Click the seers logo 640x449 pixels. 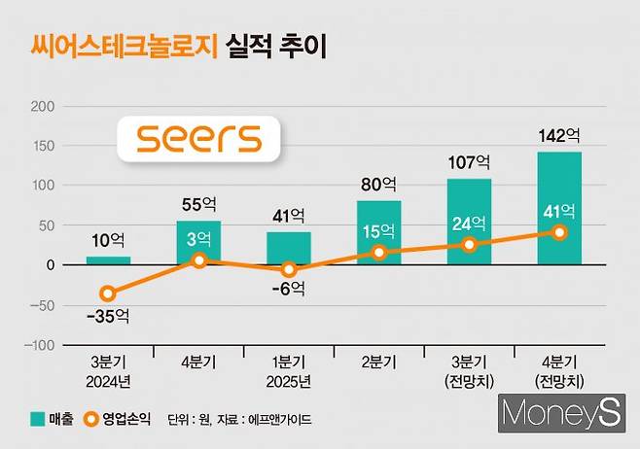198,138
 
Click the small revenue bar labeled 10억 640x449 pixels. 108,260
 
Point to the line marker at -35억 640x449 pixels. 108,294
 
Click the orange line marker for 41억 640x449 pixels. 559,232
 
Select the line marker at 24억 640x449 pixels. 469,245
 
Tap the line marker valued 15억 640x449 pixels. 379,253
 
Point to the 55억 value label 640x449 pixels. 198,206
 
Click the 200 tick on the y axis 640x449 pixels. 44,105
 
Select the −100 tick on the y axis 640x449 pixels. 39,345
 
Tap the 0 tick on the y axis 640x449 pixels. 52,265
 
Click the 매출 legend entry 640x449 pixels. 44,419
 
